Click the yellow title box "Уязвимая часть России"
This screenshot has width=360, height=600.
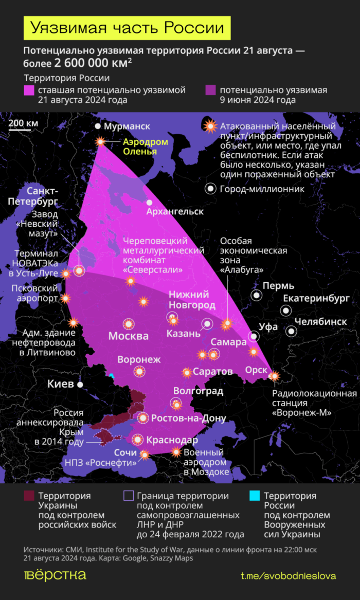[x=127, y=28]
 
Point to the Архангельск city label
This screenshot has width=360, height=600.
[x=175, y=211]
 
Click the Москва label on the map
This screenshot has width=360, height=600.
[x=128, y=336]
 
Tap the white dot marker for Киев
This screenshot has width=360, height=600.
[x=80, y=384]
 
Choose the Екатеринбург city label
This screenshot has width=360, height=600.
[x=316, y=299]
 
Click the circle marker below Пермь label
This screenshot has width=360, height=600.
[x=256, y=295]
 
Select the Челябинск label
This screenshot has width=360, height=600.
[x=320, y=321]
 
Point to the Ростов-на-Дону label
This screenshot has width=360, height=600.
[x=188, y=418]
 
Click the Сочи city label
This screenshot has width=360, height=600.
[x=125, y=452]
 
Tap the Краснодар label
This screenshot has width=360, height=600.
[x=172, y=441]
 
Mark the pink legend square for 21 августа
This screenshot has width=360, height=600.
[x=29, y=90]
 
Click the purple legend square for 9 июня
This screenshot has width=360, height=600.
[x=210, y=90]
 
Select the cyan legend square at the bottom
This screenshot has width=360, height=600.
[x=254, y=496]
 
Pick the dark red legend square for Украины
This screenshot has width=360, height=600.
[x=29, y=496]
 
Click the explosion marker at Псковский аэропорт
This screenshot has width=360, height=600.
[x=66, y=298]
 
